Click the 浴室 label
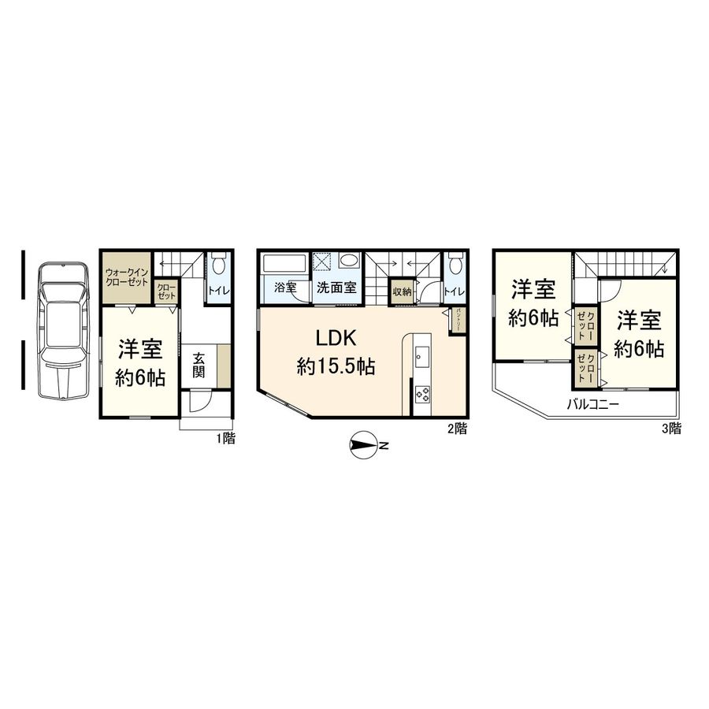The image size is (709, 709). coord(286,288)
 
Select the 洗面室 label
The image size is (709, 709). coord(336,288)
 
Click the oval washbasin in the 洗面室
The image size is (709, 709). coord(348,261)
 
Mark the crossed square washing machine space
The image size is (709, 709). coord(323,262)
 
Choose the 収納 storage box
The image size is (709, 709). coord(402,291)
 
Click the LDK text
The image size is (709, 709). coord(337,338)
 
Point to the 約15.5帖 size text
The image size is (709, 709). coord(336,366)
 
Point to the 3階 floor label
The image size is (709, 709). coord(673,429)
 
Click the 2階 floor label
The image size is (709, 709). coord(458,429)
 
